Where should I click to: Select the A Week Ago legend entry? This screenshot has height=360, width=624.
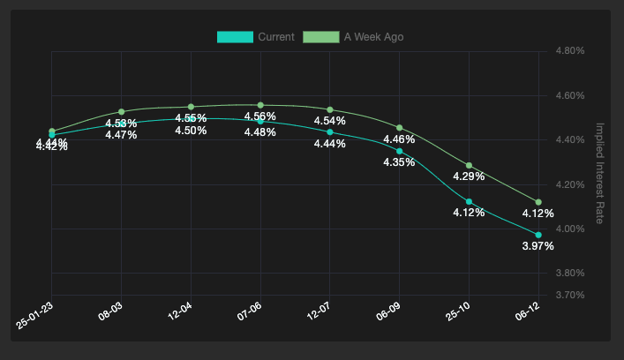353,36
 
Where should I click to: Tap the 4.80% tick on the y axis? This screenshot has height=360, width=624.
570,51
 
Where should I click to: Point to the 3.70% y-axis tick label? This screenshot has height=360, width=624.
570,295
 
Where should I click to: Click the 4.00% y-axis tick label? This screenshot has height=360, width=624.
570,229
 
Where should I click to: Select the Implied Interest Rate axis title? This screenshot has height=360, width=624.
600,173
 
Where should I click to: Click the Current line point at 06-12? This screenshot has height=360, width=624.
538,235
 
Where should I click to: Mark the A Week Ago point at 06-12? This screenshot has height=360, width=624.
538,202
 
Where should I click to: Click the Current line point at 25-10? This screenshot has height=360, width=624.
469,202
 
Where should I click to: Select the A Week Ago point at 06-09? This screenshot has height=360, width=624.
400,128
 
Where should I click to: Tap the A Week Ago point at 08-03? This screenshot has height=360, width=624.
121,112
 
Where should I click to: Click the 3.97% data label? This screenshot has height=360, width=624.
538,246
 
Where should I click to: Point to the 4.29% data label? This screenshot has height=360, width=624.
469,176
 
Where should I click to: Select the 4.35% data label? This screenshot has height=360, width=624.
399,162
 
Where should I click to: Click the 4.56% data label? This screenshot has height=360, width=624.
260,116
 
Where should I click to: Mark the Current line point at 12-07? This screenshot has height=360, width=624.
330,132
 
